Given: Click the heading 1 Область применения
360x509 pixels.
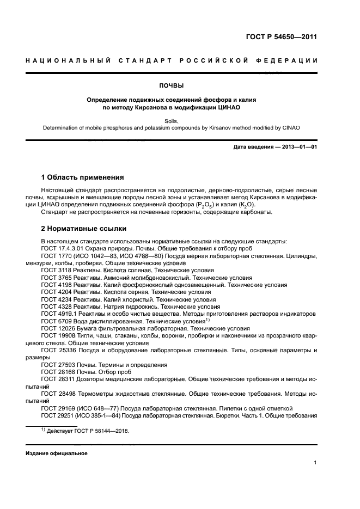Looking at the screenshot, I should point(83,177).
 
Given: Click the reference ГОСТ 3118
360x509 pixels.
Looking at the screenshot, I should point(56,270).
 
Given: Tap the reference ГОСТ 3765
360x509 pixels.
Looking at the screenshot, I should point(56,277).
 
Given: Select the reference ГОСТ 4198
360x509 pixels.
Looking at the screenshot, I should point(56,285).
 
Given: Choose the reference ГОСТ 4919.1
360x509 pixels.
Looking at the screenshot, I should point(59,314).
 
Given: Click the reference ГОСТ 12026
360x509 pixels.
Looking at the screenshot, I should point(57,329).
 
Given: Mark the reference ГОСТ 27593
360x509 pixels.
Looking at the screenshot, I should point(57,364).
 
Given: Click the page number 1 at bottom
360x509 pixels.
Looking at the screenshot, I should point(315,463).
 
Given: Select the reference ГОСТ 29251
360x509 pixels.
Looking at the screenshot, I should point(57,415).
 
